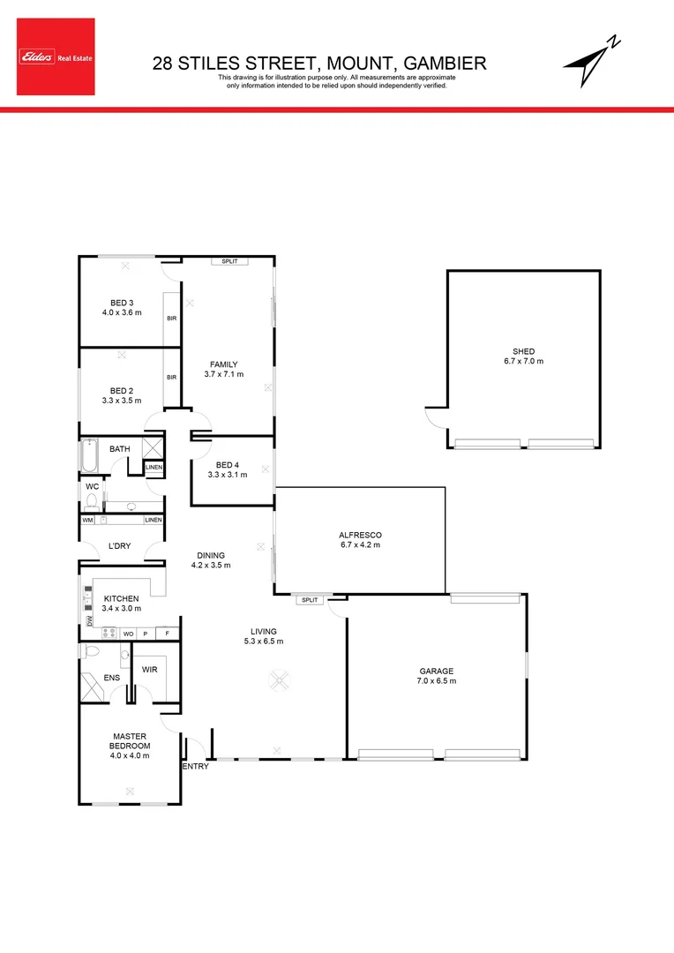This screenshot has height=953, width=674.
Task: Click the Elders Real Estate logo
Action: [55, 57]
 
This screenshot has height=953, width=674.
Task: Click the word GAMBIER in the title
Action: [445, 63]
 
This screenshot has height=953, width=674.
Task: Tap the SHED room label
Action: [523, 351]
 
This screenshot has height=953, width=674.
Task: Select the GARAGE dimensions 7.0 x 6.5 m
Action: [437, 680]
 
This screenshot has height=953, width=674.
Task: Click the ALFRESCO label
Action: [359, 536]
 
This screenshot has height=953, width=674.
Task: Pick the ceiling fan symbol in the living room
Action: [281, 680]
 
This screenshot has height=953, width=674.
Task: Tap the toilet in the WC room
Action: [91, 502]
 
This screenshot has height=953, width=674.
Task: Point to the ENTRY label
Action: [195, 767]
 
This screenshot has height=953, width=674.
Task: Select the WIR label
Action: [149, 670]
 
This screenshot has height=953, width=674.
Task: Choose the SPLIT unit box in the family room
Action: [229, 261]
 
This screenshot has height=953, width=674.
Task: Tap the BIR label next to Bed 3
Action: [172, 319]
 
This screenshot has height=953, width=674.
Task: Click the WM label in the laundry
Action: [87, 520]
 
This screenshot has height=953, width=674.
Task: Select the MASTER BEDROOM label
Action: [130, 740]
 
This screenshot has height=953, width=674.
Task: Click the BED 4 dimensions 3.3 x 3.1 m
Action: [228, 475]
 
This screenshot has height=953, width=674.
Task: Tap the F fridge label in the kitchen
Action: [167, 634]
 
